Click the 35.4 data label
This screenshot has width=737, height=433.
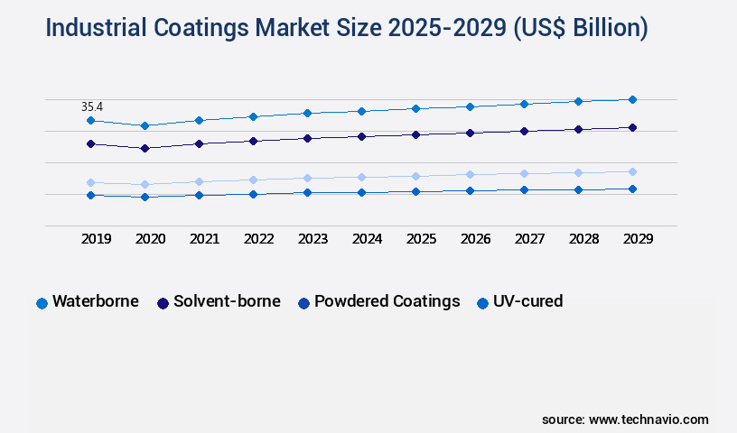click(x=92, y=106)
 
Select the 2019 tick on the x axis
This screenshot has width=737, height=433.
click(x=96, y=239)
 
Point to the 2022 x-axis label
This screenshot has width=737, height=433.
click(x=258, y=239)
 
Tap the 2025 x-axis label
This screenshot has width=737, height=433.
click(x=421, y=239)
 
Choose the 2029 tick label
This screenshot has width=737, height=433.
click(x=638, y=239)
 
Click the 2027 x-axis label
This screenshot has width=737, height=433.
click(x=529, y=239)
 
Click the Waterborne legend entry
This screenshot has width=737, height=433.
click(x=95, y=301)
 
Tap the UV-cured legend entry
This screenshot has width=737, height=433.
click(x=527, y=301)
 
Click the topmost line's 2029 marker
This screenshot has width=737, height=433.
click(x=632, y=99)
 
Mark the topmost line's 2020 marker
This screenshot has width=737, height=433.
click(x=145, y=125)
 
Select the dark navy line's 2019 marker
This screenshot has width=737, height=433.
click(x=90, y=143)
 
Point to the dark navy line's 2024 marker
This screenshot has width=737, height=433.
click(x=361, y=136)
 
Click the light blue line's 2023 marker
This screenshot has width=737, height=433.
click(x=307, y=178)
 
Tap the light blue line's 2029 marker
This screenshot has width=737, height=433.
click(x=632, y=171)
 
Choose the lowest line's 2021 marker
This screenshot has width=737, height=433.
click(x=199, y=195)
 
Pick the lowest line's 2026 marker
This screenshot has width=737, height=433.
click(x=470, y=190)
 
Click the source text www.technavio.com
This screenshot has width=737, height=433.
click(x=648, y=419)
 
